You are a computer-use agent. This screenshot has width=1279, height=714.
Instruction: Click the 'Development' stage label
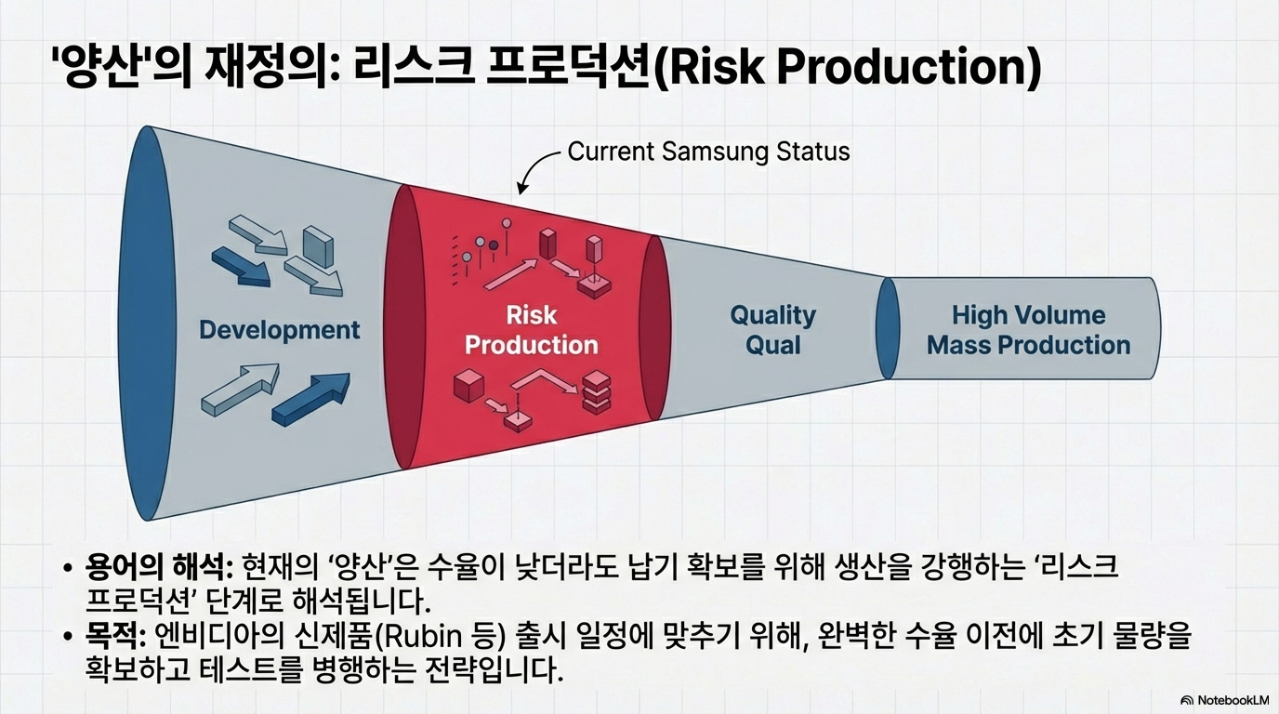pyautogui.click(x=279, y=329)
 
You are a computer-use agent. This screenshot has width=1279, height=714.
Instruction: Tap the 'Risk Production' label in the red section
pyautogui.click(x=531, y=330)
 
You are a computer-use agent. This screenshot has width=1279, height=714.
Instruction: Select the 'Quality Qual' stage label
pyautogui.click(x=772, y=330)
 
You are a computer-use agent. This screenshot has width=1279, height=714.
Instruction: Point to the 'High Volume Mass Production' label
pyautogui.click(x=1028, y=330)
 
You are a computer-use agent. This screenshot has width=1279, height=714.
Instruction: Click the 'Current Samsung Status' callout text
pyautogui.click(x=708, y=152)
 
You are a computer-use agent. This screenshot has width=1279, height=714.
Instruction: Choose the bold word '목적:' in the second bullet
pyautogui.click(x=113, y=638)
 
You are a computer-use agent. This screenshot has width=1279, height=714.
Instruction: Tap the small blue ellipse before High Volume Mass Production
pyautogui.click(x=888, y=328)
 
